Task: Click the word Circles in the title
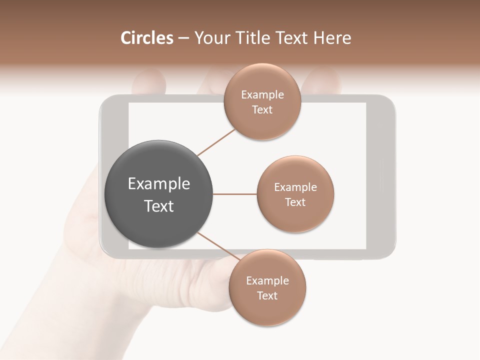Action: click(x=147, y=38)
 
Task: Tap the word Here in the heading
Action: click(x=332, y=38)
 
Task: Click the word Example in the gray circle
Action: click(x=159, y=184)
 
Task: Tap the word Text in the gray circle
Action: click(x=159, y=206)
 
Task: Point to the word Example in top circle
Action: click(x=262, y=94)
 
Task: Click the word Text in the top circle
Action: click(x=262, y=109)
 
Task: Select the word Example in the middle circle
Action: click(x=295, y=187)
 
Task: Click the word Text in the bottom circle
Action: click(x=267, y=295)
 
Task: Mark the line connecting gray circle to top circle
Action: click(x=216, y=142)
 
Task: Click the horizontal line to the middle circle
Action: click(x=235, y=194)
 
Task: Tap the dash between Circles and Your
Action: click(x=183, y=38)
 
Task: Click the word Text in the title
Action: click(x=292, y=38)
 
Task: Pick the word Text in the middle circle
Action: click(x=295, y=202)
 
